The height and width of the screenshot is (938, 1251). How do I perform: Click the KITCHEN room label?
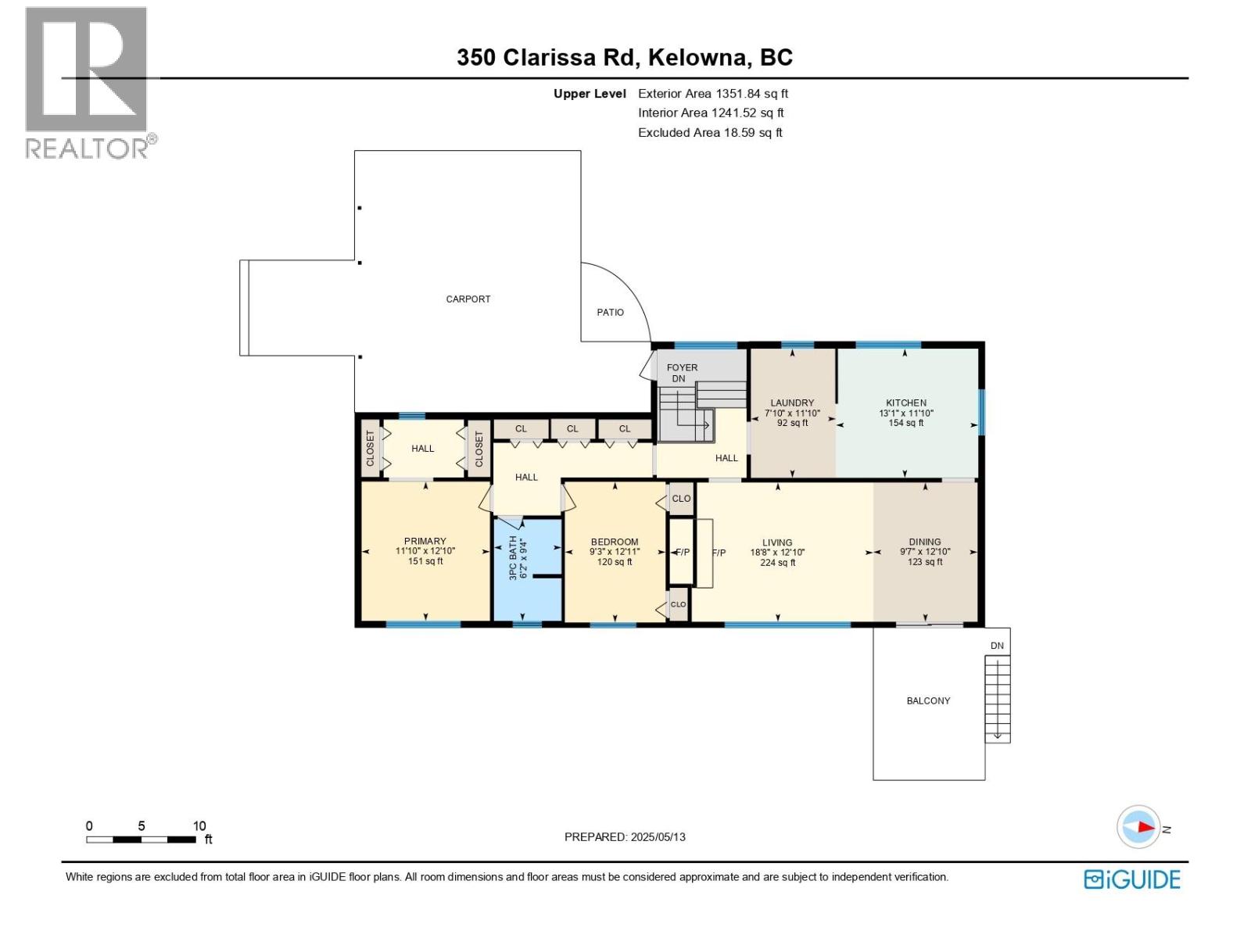tap(905, 403)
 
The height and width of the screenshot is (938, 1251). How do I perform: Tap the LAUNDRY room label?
tap(792, 403)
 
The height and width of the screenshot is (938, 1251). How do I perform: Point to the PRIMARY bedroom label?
tap(425, 541)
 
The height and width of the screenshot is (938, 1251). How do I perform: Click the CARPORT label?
tap(468, 299)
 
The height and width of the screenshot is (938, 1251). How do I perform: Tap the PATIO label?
tap(611, 313)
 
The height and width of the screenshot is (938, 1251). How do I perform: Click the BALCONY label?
tap(928, 701)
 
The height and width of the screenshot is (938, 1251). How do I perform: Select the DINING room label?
tap(924, 542)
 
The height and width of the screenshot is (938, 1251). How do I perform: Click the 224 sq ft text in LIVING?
tap(777, 563)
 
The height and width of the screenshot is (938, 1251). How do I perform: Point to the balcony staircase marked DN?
tap(997, 698)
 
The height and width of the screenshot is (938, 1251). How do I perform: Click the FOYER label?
tap(682, 367)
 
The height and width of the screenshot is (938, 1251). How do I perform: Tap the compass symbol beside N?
tap(1138, 827)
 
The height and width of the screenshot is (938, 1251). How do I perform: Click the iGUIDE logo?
tap(1131, 879)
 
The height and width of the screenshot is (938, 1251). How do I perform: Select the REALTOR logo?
tap(88, 82)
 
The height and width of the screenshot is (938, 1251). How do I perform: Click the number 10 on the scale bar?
tap(199, 826)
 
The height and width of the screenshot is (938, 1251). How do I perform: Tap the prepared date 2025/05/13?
tap(656, 837)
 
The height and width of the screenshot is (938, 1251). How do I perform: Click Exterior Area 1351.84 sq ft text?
tap(712, 94)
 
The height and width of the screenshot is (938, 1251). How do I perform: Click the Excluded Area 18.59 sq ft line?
tap(709, 133)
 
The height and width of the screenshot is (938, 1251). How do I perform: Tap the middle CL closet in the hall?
tap(572, 429)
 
